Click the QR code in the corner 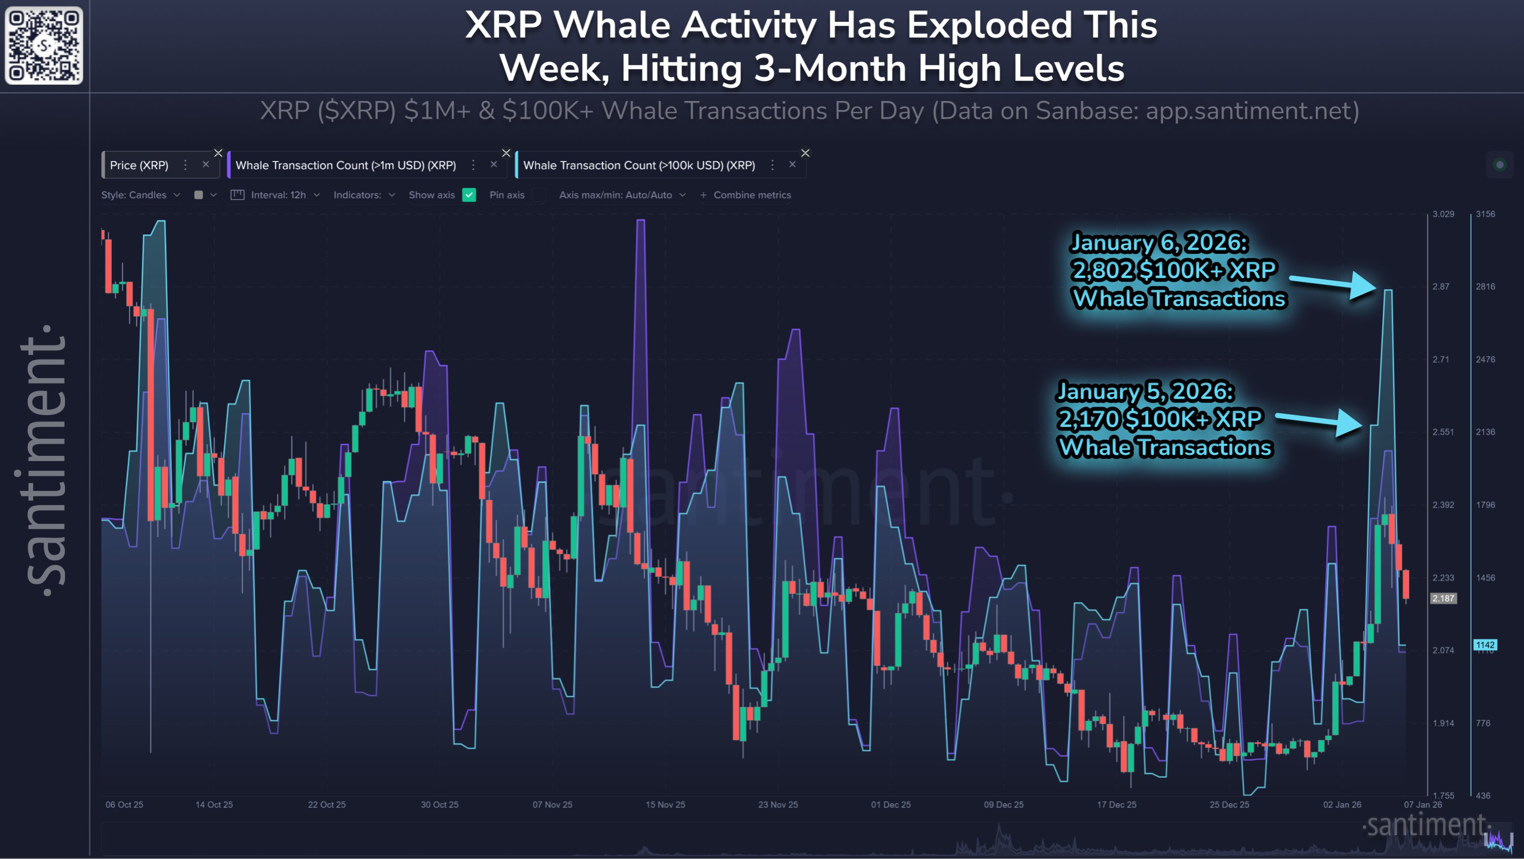(x=44, y=45)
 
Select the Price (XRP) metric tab (x=139, y=165)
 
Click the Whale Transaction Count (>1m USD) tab (x=345, y=165)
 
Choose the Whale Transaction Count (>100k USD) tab (x=639, y=165)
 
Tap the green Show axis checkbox (x=469, y=194)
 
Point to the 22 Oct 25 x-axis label (x=327, y=805)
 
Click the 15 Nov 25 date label (x=665, y=805)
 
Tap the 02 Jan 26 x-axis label (x=1342, y=805)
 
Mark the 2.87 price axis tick (x=1441, y=286)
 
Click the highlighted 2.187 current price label (x=1443, y=598)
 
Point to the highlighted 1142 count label (x=1485, y=645)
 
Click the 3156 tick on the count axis (x=1485, y=214)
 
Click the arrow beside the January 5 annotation (x=1319, y=421)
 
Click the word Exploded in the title (x=989, y=25)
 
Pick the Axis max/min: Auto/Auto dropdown (x=622, y=194)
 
